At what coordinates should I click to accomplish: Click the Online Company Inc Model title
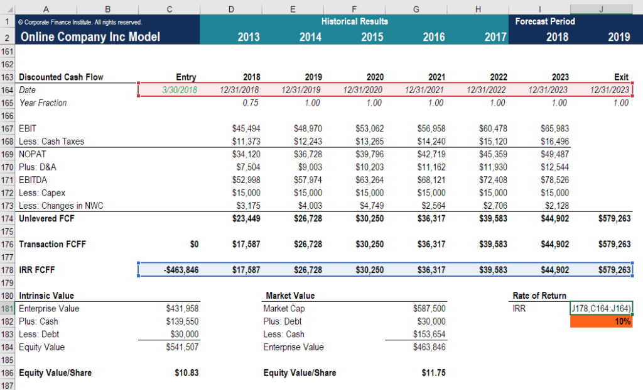[90, 36]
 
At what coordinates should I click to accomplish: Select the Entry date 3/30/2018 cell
[179, 90]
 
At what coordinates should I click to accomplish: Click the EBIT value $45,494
[246, 128]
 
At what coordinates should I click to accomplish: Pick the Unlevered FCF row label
[46, 218]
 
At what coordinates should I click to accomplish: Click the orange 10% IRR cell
[601, 321]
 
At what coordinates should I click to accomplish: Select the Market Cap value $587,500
[430, 309]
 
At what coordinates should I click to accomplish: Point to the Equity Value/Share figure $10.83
[186, 373]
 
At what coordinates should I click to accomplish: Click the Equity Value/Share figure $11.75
[434, 373]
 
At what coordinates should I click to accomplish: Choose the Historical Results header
[354, 21]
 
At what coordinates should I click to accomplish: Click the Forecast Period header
[544, 21]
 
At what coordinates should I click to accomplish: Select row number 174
[8, 218]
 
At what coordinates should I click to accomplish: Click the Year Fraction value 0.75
[251, 103]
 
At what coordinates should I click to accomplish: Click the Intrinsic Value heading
[46, 296]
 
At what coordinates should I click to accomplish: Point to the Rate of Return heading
[539, 296]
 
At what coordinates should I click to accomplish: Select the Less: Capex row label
[42, 192]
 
